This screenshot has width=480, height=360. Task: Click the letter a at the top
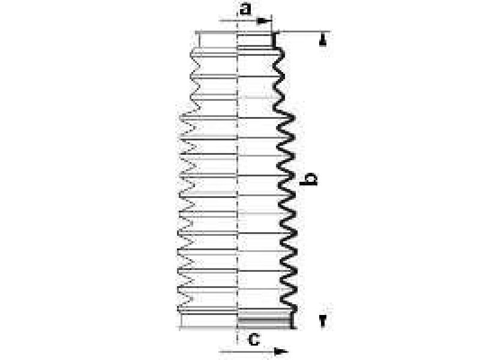pos(245,9)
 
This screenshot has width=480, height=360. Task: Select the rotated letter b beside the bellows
pos(308,179)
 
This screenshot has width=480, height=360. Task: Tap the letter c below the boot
pos(254,339)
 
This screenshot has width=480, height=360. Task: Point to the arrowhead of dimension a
pos(264,21)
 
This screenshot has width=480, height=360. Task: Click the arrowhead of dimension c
pos(281,352)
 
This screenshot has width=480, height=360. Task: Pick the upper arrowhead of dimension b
pos(322,40)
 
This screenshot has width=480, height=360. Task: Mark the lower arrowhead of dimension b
pos(322,322)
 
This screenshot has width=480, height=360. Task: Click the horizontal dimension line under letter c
pos(253,352)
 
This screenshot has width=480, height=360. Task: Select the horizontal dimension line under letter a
pos(245,21)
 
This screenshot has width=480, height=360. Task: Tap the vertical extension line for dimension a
pos(272,24)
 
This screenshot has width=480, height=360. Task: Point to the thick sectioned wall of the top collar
pos(274,40)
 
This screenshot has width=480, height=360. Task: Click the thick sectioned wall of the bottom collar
pos(293,320)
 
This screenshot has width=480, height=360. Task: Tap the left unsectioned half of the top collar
pos(217,40)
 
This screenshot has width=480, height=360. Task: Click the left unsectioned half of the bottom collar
pos(209,321)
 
